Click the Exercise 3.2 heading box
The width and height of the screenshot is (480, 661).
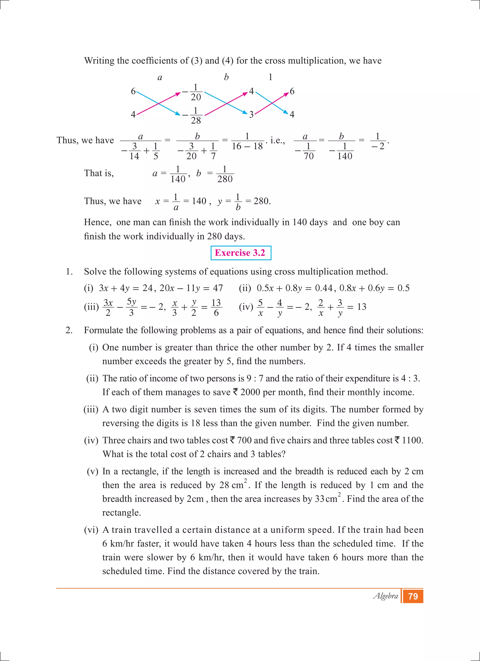click(x=240, y=253)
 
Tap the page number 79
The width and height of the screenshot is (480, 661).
click(x=413, y=596)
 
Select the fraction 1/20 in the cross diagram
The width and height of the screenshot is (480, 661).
click(x=195, y=92)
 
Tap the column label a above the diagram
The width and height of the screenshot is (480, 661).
click(x=160, y=78)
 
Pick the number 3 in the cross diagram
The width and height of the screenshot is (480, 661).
click(x=251, y=115)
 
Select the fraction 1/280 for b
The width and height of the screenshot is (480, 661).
click(x=225, y=175)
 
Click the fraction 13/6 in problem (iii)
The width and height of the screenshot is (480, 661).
click(x=216, y=308)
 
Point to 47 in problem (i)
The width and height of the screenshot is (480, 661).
click(x=218, y=288)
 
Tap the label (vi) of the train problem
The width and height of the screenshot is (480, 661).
click(x=91, y=530)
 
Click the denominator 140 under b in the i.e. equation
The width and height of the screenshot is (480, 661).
click(x=345, y=156)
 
